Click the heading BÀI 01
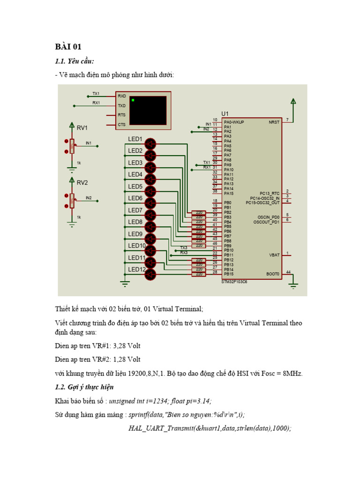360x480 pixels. [x=68, y=46]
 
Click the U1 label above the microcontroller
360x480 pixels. [x=225, y=114]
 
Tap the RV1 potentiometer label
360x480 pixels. [x=82, y=127]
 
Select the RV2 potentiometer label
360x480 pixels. [x=82, y=183]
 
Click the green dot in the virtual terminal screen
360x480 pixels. [x=133, y=100]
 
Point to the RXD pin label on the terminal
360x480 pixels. [x=122, y=96]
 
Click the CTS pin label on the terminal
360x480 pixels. [x=122, y=124]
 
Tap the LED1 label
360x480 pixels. [x=135, y=139]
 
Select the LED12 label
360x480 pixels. [x=136, y=270]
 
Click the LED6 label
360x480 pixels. [x=135, y=198]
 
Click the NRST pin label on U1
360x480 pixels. [x=274, y=122]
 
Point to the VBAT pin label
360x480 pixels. [x=274, y=255]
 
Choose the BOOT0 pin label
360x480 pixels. [x=273, y=274]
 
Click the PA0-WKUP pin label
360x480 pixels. [x=234, y=122]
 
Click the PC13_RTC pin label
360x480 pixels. [x=269, y=193]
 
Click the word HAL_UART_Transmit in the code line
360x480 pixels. [x=158, y=428]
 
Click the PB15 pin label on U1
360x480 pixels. [x=228, y=274]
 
